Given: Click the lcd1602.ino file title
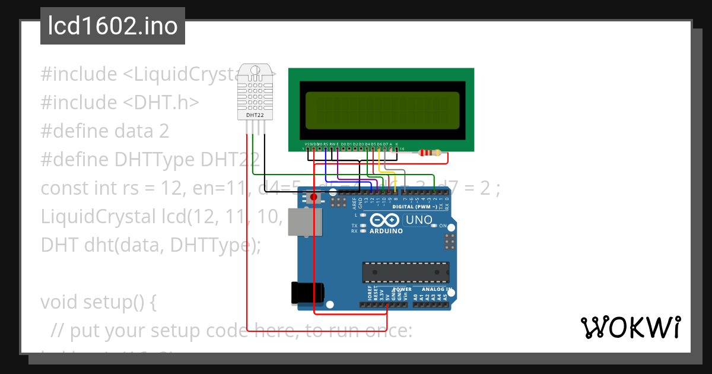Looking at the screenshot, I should coord(113,26).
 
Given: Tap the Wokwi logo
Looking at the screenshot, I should coord(630,327).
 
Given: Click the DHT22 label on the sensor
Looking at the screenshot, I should coord(255,115).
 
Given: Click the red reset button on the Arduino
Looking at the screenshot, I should coord(314,196).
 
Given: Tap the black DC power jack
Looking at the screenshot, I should coord(307,293).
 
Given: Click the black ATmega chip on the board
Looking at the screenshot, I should coord(406,272).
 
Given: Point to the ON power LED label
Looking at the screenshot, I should coord(443,226).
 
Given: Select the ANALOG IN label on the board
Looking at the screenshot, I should coord(437,290).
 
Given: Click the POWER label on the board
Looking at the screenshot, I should coord(403,290).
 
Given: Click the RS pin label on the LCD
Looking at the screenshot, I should coord(325,144).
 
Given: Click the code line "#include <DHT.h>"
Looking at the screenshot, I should coord(119,103).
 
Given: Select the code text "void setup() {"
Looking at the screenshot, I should coord(98,302).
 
